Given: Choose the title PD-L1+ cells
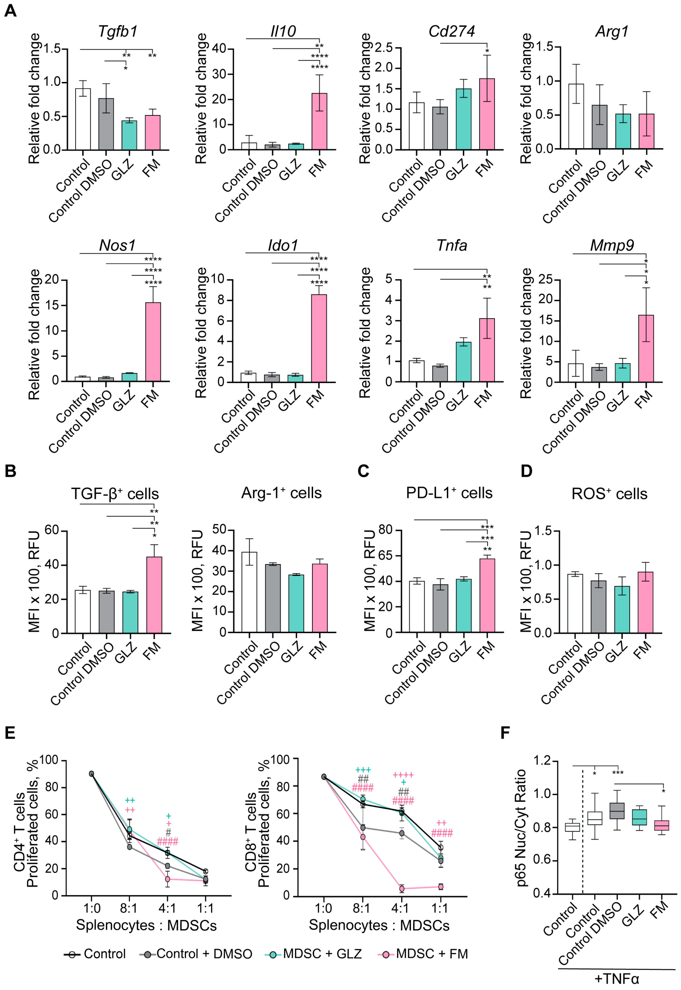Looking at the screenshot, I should [x=449, y=493].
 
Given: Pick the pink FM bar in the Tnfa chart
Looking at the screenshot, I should [x=487, y=350].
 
